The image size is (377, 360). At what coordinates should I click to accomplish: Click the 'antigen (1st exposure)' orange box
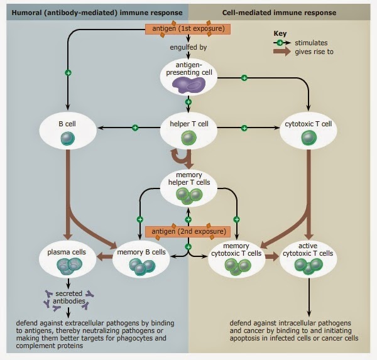(x=188, y=29)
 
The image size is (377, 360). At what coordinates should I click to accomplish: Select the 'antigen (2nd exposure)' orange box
(x=188, y=232)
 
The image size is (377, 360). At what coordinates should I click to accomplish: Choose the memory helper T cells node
(x=188, y=188)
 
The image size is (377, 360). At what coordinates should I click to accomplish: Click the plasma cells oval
(x=68, y=259)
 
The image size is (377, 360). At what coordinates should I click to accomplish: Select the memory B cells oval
(x=141, y=259)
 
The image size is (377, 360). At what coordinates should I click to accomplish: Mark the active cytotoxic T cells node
(x=308, y=259)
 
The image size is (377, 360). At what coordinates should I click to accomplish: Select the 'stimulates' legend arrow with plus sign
(x=280, y=43)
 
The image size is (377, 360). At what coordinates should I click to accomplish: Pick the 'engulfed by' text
(x=188, y=47)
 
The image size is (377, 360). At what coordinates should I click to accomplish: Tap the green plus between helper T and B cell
(x=134, y=128)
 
